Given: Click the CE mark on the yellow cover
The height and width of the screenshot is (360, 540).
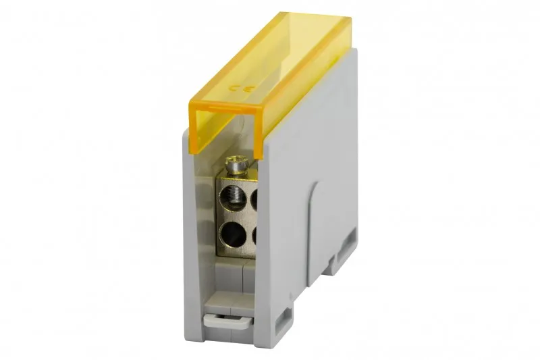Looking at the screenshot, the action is pos(242,88).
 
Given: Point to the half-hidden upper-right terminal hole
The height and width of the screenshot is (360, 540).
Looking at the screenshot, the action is pos(255,199).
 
